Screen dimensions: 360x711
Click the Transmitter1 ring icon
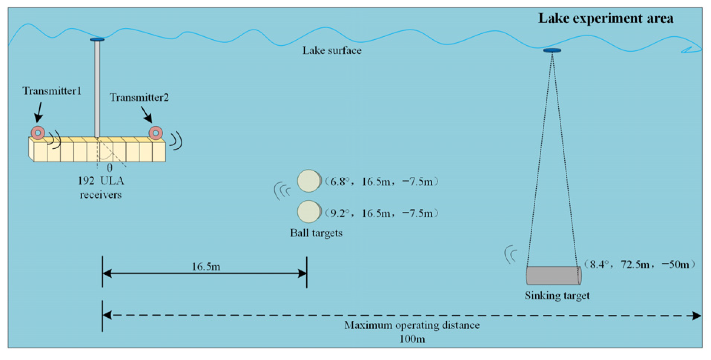pos(38,132)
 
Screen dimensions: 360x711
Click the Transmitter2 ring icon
pos(155,133)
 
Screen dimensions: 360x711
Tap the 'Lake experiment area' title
pos(605,19)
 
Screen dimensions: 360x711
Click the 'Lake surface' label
pos(332,50)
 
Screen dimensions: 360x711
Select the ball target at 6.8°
pos(309,181)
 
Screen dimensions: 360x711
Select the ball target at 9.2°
pos(309,212)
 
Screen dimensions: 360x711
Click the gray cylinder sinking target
pos(553,275)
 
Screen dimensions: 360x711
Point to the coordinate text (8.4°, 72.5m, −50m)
pos(639,264)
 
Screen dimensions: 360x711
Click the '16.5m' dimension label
pos(206,267)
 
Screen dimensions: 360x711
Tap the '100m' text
pos(412,339)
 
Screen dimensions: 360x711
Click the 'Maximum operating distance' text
pos(412,325)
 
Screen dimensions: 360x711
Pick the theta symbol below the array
pos(109,168)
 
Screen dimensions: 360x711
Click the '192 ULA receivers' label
pos(101,188)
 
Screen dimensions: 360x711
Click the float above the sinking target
pos(552,50)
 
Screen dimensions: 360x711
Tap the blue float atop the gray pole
pos(97,39)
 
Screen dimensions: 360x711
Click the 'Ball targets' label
pos(316,233)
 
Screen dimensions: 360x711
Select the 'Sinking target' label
pos(557,295)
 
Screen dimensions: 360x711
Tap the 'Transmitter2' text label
pos(139,98)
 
